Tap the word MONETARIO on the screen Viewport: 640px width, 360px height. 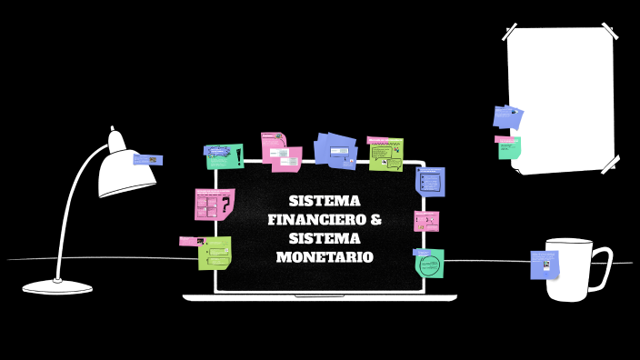(x=325, y=257)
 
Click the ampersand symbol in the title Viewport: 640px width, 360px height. (x=375, y=219)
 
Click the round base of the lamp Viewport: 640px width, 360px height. (x=57, y=286)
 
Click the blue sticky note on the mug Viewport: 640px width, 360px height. (x=544, y=265)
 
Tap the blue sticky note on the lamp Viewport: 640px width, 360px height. (x=147, y=160)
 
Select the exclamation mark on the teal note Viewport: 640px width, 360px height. (x=238, y=156)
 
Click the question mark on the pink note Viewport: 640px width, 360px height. (x=225, y=205)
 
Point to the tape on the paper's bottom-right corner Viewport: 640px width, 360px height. (x=609, y=164)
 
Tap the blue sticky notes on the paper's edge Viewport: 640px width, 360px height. (x=507, y=116)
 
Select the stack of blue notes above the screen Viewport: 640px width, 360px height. (x=335, y=150)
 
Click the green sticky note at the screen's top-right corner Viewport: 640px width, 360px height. (x=385, y=154)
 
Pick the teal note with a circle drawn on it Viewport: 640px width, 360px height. (x=429, y=264)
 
